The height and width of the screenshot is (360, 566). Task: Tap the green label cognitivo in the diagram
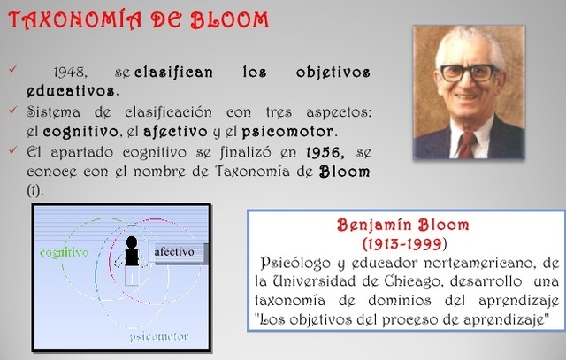[x=64, y=252]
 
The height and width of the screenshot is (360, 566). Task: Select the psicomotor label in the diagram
[x=160, y=337]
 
